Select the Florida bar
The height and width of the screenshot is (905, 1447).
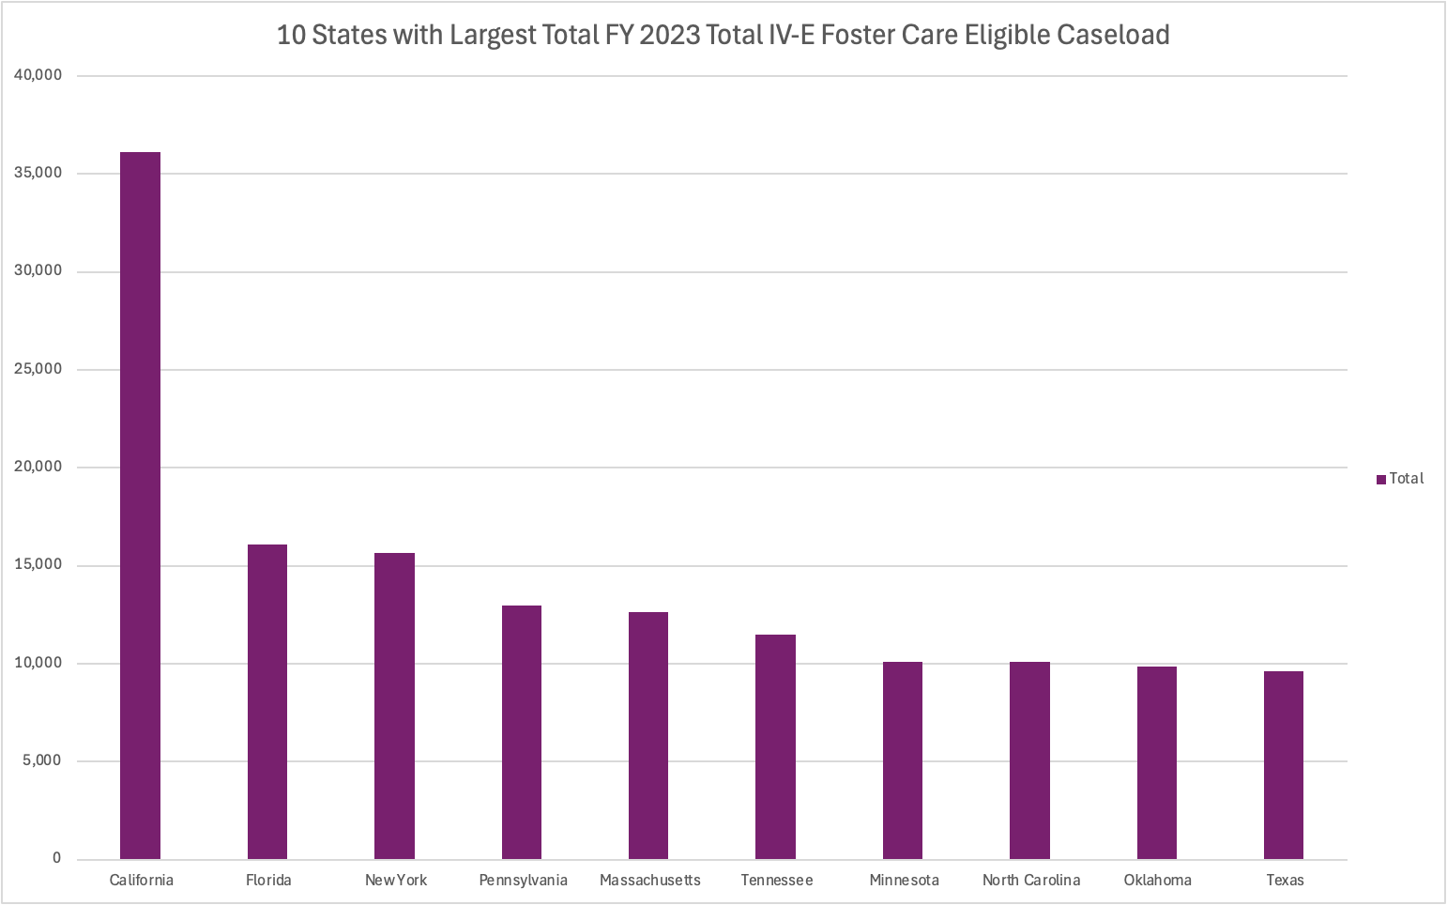coord(267,701)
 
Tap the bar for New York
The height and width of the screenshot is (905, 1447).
coord(394,706)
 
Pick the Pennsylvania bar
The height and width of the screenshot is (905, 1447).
coord(522,732)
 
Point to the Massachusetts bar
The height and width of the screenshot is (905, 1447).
coord(648,735)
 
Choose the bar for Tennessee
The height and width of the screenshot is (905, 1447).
coord(775,746)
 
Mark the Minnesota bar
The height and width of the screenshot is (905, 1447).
coord(903,760)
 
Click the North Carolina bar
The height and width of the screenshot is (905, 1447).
coord(1029,760)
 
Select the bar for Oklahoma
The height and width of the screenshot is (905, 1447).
coord(1157,762)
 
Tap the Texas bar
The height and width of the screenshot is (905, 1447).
coord(1284,765)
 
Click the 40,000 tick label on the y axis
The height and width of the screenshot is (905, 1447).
coord(38,75)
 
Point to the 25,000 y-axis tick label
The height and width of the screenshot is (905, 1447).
coord(38,369)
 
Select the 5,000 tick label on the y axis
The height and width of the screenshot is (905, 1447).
coord(42,760)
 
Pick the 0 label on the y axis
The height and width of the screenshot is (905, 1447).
coord(57,858)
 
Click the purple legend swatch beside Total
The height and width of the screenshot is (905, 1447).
coord(1381,479)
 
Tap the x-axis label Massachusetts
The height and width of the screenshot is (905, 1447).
coord(650,880)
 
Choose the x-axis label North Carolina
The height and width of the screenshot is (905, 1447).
coord(1031,880)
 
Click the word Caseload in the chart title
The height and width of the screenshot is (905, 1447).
coord(1113,35)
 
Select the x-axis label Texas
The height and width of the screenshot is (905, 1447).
coord(1285,880)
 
